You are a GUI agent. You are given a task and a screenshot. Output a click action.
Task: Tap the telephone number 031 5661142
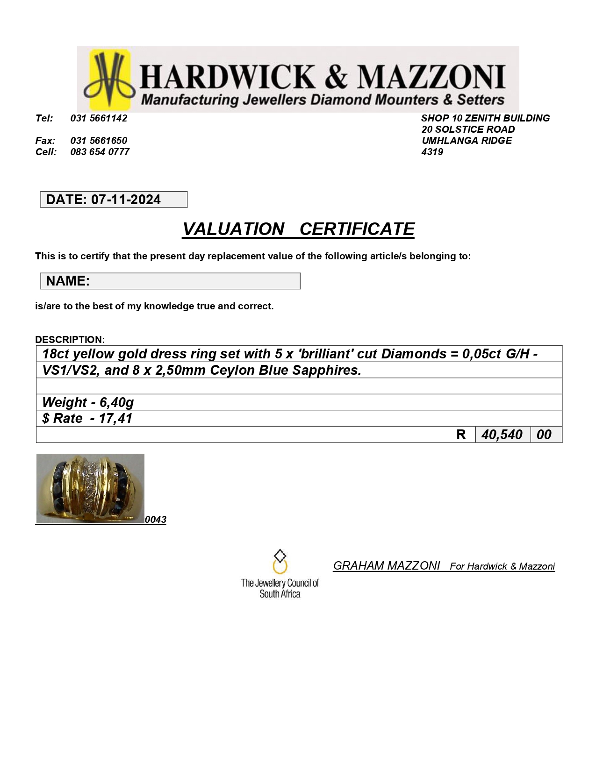[x=99, y=118]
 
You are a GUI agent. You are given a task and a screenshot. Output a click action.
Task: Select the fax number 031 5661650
[x=99, y=141]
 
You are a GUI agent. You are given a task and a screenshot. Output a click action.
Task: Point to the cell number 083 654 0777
[x=100, y=152]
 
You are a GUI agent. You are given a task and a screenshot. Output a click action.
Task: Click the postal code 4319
[x=432, y=152]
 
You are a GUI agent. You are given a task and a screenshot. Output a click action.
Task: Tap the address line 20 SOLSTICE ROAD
[x=468, y=129]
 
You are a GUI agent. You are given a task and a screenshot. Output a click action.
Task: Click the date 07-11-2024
[x=126, y=200]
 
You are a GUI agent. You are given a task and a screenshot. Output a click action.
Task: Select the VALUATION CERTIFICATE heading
[x=298, y=229]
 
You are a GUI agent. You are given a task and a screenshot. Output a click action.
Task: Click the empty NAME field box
[x=194, y=281]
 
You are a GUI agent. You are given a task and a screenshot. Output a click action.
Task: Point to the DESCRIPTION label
[x=70, y=339]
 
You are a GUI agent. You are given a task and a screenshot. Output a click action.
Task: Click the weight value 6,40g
[x=117, y=402]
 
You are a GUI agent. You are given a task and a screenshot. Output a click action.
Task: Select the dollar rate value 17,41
[x=115, y=418]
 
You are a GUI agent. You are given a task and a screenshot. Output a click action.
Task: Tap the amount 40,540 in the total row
[x=502, y=435]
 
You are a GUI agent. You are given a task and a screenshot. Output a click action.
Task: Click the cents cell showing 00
[x=544, y=435]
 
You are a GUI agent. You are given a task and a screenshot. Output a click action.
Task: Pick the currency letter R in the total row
[x=461, y=435]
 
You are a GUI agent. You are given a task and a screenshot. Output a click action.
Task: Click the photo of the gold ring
[x=90, y=488]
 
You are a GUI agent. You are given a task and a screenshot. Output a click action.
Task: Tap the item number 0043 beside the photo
[x=156, y=520]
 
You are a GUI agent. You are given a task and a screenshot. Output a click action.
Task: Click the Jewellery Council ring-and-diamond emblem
[x=280, y=562]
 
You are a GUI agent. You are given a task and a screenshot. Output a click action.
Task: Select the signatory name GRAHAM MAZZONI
[x=386, y=566]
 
